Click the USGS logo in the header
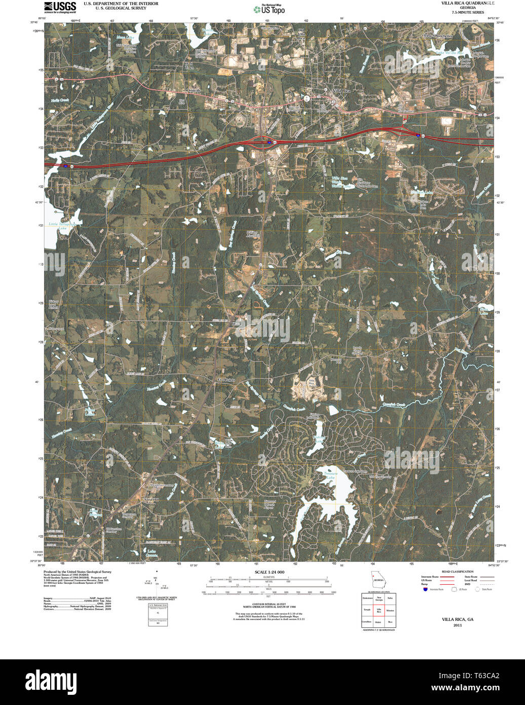pos(60,7)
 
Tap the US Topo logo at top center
pos(269,9)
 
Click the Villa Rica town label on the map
pos(341,90)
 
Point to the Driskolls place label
pos(194,90)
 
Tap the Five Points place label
pos(226,379)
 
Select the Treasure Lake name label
pos(330,475)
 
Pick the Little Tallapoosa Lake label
pos(62,226)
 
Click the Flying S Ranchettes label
pos(437,37)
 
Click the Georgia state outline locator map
pos(377,580)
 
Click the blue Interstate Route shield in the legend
pos(425,589)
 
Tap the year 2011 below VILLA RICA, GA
pos(458,625)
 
